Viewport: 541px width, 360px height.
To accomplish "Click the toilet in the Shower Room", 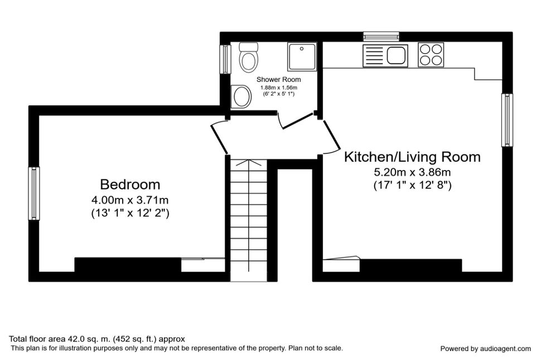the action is tap(249, 57).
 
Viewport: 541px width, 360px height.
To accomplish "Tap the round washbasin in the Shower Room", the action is tap(241, 96).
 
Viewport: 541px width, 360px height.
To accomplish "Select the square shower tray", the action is tap(302, 56).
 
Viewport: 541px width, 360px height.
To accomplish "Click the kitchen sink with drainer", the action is tap(385, 55).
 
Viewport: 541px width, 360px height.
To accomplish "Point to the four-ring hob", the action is tap(431, 55).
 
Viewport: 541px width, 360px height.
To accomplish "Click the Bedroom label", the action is tap(130, 184).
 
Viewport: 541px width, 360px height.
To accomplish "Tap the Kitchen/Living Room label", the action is tap(412, 157).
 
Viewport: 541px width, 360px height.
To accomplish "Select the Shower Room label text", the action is tap(278, 80).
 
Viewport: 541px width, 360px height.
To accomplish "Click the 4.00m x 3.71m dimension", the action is tap(130, 200).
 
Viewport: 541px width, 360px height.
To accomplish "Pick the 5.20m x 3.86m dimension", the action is tap(412, 172).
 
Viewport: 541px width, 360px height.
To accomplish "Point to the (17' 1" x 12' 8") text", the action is tap(413, 186).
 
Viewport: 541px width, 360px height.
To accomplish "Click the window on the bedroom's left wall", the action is tap(34, 193).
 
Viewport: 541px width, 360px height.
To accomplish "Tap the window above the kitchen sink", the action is tap(381, 36).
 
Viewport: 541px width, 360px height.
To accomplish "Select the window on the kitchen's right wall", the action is tap(507, 120).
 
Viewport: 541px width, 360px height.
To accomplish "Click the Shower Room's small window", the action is tap(225, 59).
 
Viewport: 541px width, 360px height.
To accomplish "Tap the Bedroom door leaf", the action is tap(219, 139).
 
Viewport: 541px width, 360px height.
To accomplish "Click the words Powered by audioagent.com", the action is tap(485, 349).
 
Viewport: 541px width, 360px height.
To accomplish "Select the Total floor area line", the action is tap(97, 339).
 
